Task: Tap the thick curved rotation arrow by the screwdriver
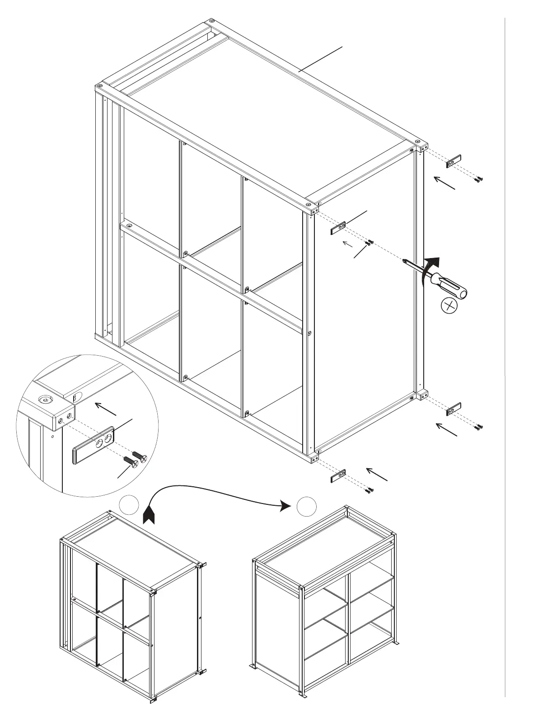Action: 429,269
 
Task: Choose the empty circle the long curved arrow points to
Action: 307,505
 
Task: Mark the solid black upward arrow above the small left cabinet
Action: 149,515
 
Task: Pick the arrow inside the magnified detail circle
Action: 106,409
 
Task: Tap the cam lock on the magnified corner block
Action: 45,400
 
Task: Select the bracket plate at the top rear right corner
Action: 454,160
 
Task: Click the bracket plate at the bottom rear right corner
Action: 454,409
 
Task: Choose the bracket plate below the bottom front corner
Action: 338,476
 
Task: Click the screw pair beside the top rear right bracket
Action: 478,179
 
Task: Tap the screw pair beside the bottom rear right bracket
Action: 478,426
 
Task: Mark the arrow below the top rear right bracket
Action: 444,183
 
